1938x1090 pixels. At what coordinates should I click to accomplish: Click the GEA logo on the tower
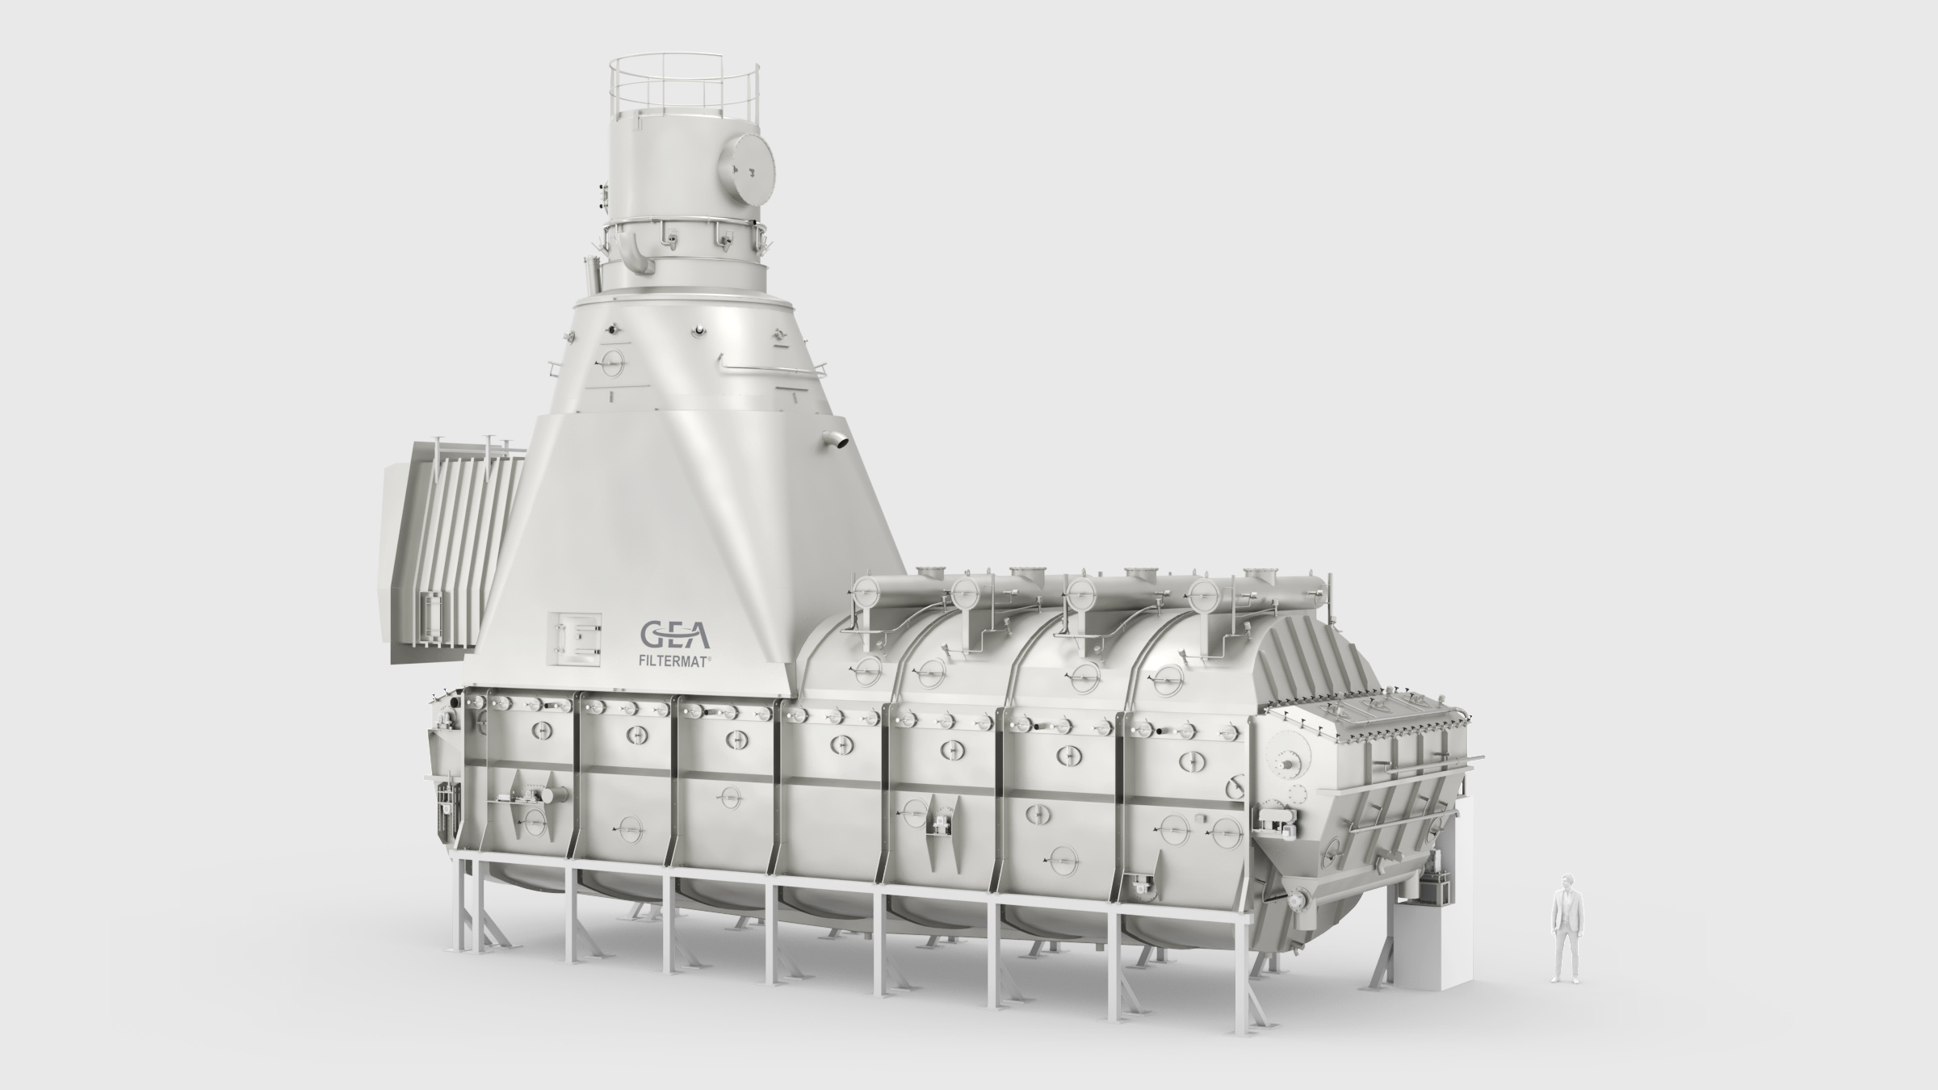[x=675, y=635]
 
